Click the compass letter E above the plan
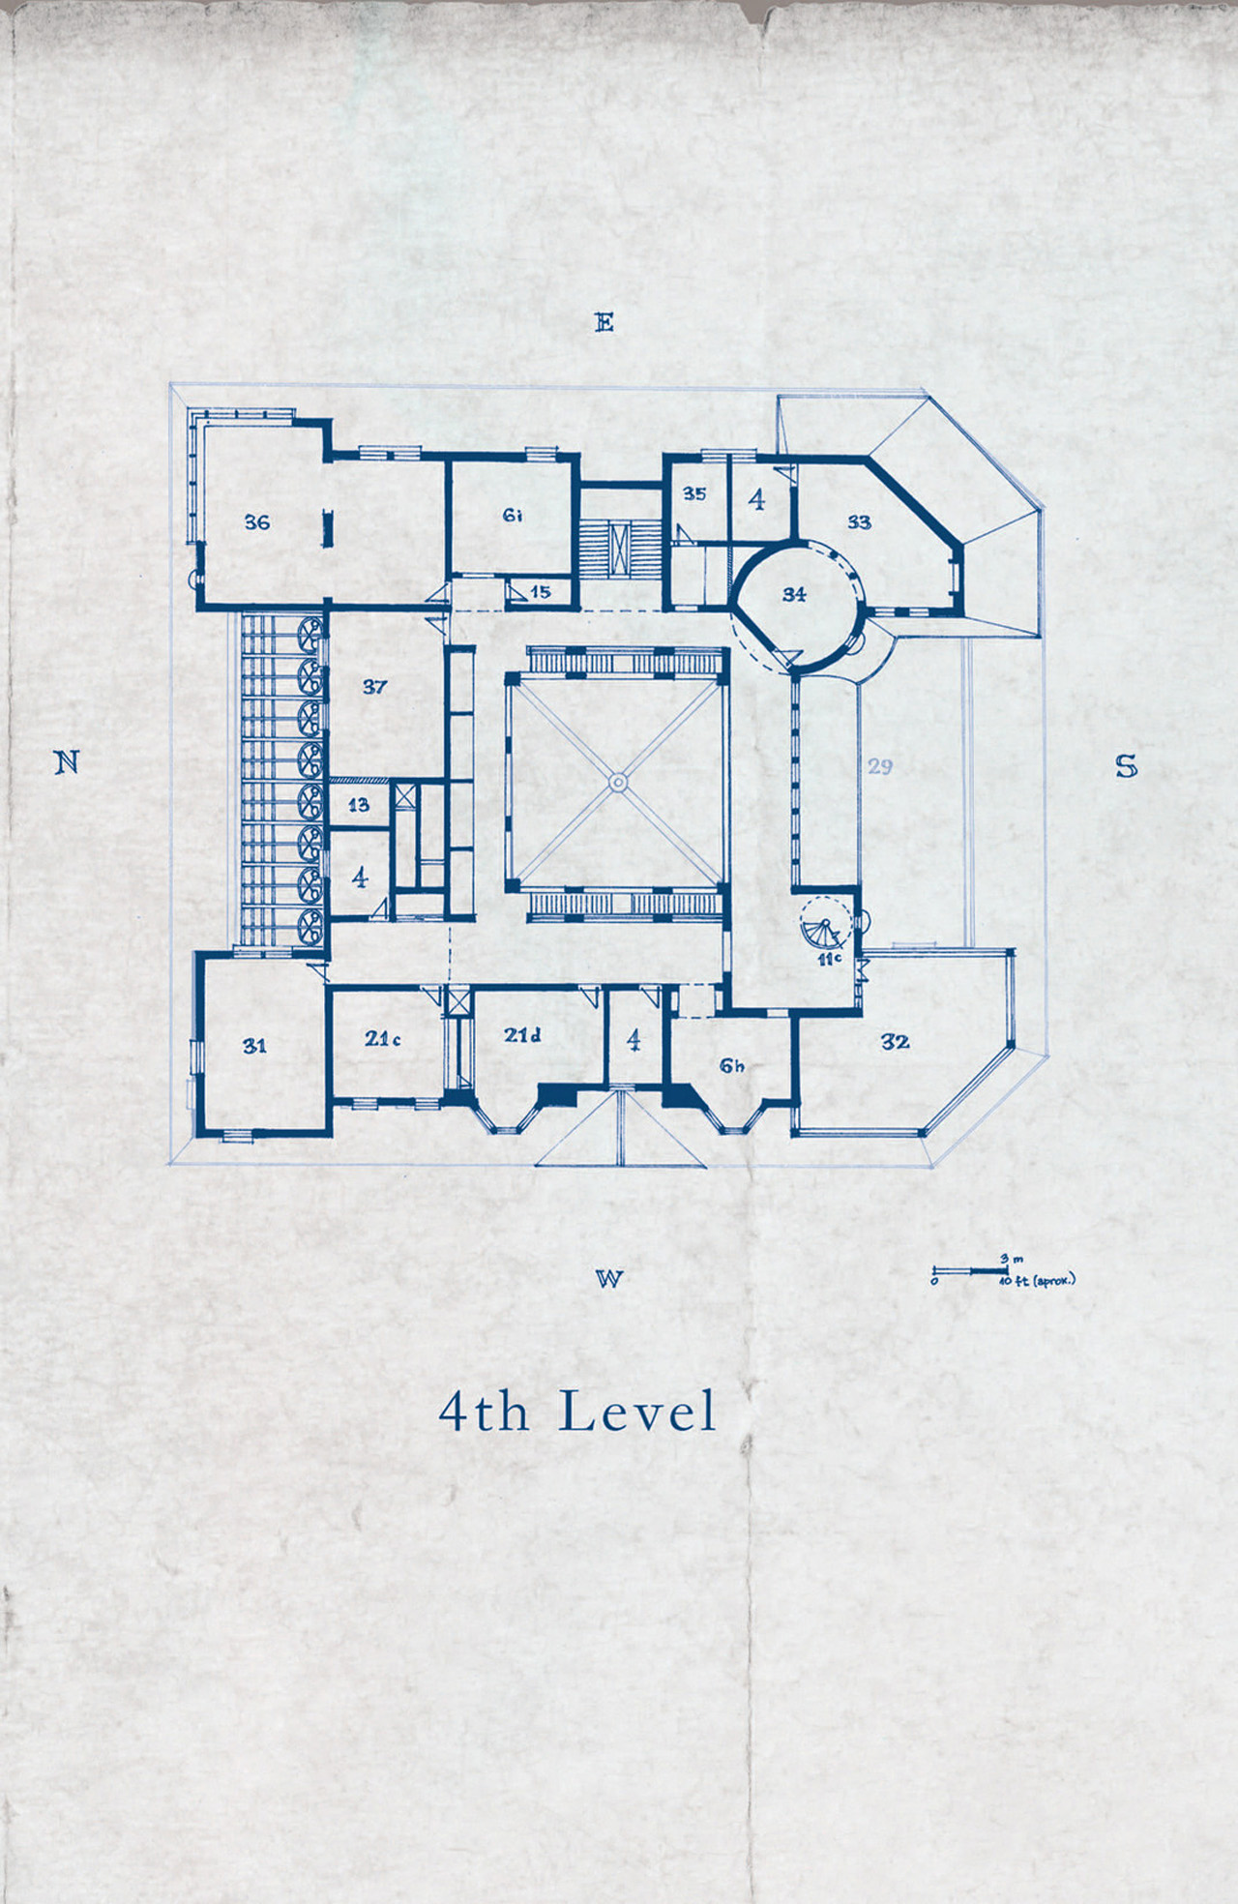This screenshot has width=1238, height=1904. pos(604,322)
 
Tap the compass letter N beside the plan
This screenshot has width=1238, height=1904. pos(66,762)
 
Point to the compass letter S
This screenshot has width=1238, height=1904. pos(1126,767)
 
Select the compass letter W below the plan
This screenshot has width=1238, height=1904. pos(608,1279)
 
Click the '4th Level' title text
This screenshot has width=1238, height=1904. pos(577,1412)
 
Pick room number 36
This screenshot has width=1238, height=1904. pos(256,522)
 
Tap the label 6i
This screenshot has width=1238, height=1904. pos(513,516)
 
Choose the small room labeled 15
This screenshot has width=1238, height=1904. pos(541,591)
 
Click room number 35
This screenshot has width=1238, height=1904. pos(694,493)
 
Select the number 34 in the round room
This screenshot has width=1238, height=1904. pos(794,594)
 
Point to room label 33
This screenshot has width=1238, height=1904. pos(859,522)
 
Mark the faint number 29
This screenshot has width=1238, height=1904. pos(879,766)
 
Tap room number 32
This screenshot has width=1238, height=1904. pos(896,1041)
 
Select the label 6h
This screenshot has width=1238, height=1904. pos(732,1066)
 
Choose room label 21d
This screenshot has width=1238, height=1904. pos(522,1035)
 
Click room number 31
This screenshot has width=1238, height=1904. pos(254,1046)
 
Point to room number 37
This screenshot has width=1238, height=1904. pos(374,687)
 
